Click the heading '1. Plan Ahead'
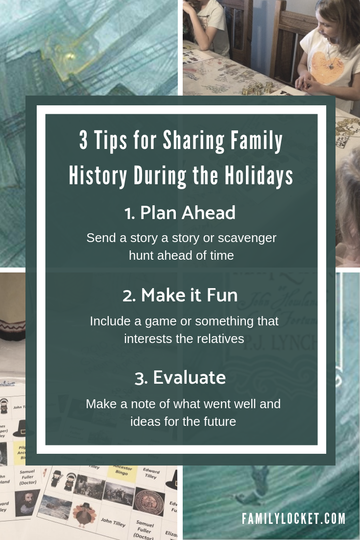[180, 213]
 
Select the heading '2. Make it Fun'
[180, 295]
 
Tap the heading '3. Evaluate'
[180, 377]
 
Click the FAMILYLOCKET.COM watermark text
[293, 518]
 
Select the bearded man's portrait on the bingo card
[27, 502]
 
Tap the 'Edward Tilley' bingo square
[151, 472]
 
